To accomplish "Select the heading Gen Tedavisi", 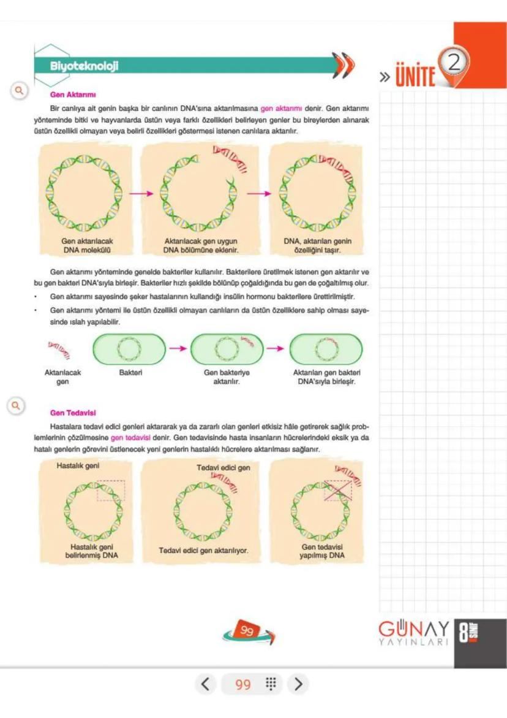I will [x=69, y=413].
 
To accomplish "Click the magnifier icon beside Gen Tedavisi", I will [x=17, y=405].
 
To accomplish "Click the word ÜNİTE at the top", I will [x=417, y=77].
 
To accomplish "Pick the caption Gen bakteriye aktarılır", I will [x=226, y=376].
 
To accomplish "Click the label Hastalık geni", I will [x=78, y=465].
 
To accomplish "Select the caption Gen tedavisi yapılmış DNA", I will [x=322, y=551].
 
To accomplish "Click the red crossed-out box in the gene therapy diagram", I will [x=338, y=491].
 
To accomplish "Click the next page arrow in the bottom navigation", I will [x=298, y=684].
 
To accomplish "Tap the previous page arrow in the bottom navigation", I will [x=206, y=684].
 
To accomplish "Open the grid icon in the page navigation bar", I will [x=271, y=684].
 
